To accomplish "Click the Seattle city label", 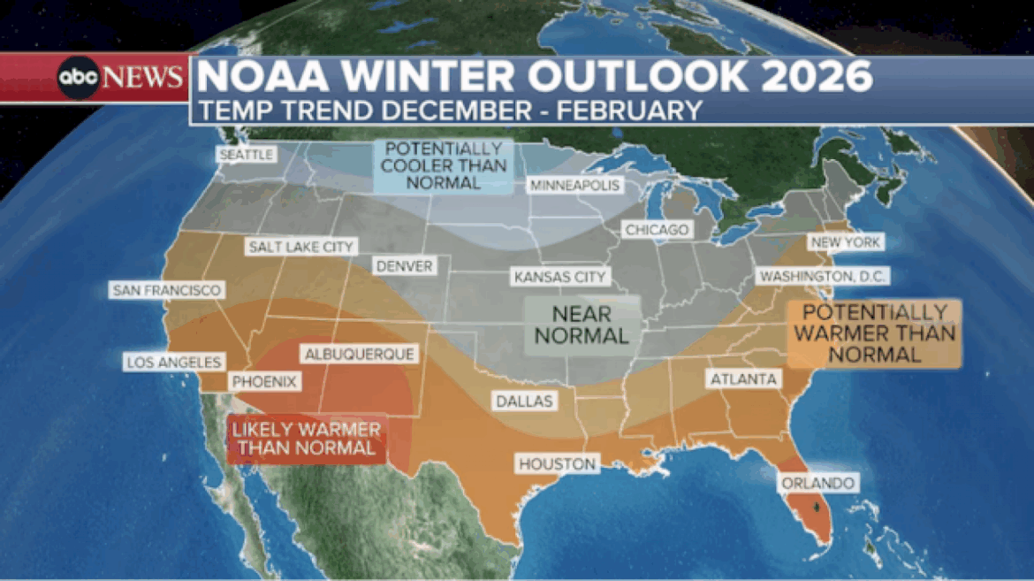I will [247, 154].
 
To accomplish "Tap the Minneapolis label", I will [574, 185].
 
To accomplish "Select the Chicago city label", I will [657, 230].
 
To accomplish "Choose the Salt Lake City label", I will [300, 247].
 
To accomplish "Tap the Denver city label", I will [404, 266].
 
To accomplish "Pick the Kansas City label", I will [560, 277].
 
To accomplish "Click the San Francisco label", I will [166, 290].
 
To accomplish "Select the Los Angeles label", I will [173, 362].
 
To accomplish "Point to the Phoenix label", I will [265, 382].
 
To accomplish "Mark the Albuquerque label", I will [358, 354].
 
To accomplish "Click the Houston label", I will [558, 463].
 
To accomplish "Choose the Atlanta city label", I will [741, 379].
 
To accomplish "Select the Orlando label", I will [817, 483].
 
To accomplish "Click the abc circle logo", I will [79, 78].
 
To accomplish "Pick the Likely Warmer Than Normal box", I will [307, 439].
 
